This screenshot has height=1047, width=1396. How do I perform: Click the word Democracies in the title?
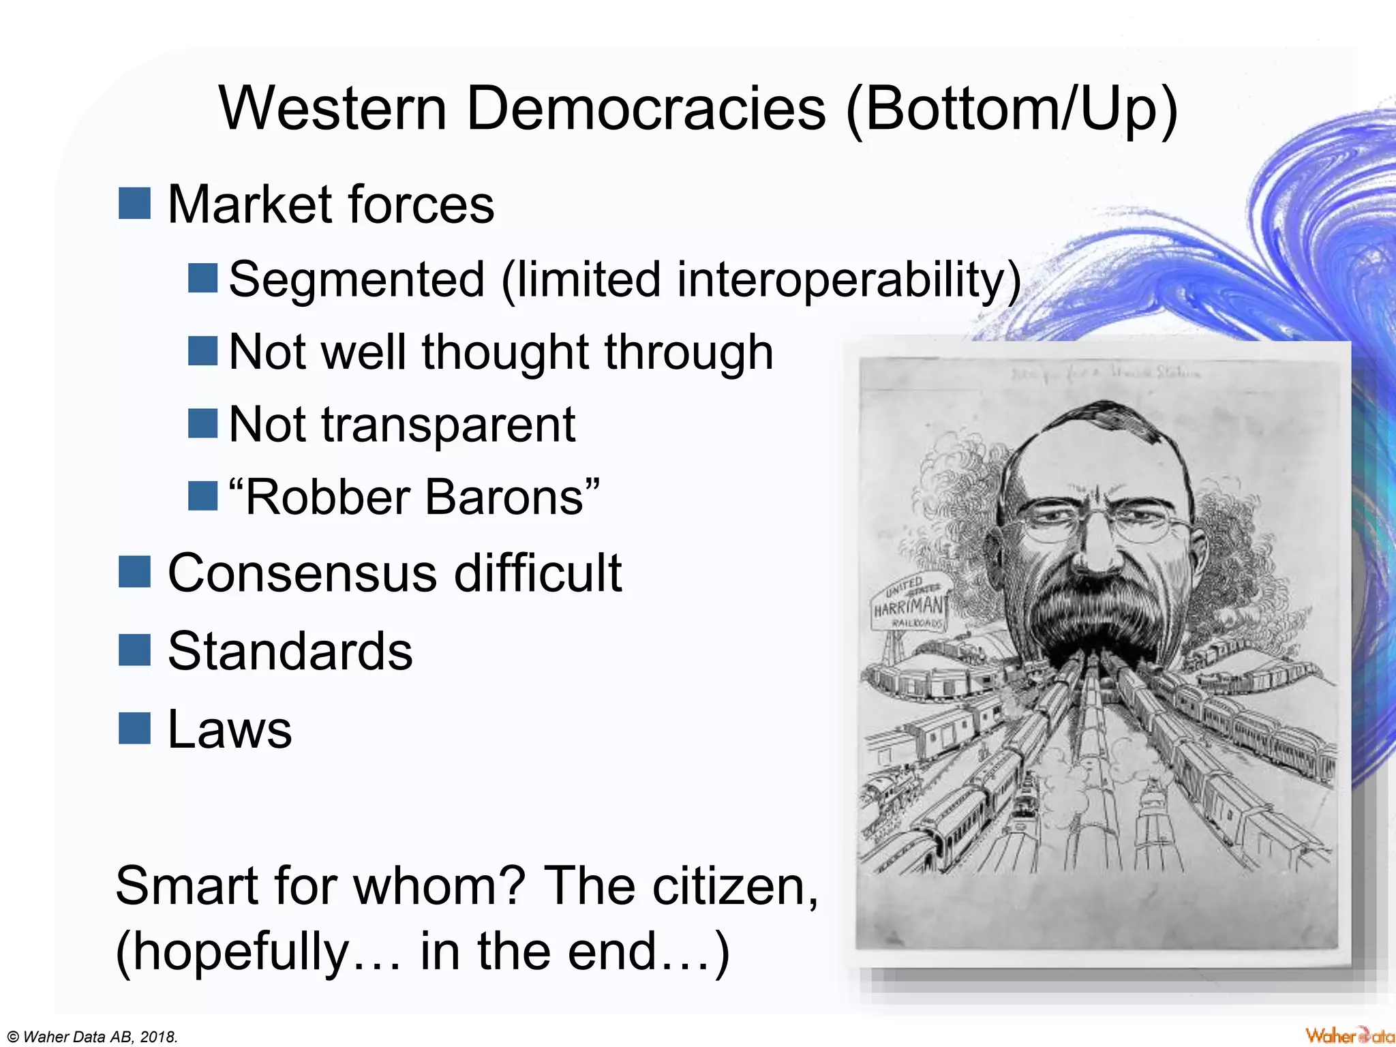tap(646, 109)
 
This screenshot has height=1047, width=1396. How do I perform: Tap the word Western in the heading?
tap(333, 109)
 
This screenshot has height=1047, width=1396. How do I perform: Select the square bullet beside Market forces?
tap(134, 204)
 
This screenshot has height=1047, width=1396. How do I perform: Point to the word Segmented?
tap(356, 279)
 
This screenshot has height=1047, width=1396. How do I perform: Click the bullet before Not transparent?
tap(202, 423)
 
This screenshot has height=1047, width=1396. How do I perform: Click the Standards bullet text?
tap(290, 651)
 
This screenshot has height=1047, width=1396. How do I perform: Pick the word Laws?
tap(230, 729)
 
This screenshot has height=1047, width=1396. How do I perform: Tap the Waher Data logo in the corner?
tap(1348, 1035)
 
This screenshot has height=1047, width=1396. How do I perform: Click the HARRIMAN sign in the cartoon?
tap(909, 605)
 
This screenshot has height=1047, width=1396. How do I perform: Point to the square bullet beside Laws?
tap(134, 728)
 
